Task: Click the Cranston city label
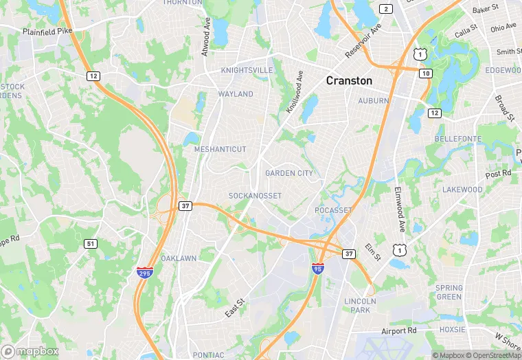(x=349, y=80)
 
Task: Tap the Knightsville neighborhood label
(x=247, y=70)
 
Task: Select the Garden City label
(x=289, y=173)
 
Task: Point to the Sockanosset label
(x=255, y=196)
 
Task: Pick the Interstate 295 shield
(x=144, y=273)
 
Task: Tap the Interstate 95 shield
(x=317, y=267)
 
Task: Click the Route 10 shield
(x=427, y=73)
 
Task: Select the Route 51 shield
(x=91, y=244)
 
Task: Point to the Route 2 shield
(x=386, y=9)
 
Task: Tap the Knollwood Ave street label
(x=295, y=92)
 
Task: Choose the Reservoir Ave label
(x=363, y=43)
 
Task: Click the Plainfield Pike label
(x=47, y=32)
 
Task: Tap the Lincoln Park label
(x=361, y=306)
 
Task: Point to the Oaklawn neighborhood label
(x=179, y=258)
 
